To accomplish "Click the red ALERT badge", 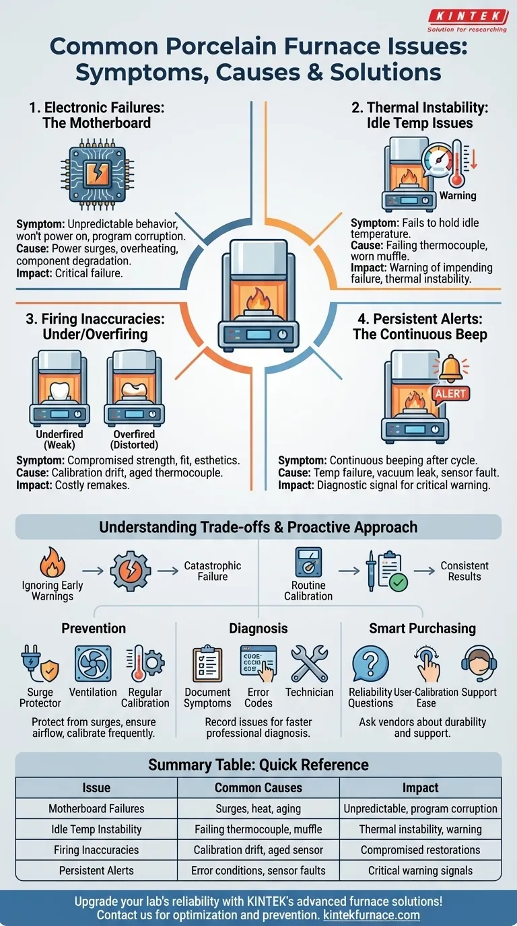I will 450,394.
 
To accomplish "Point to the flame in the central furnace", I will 258,298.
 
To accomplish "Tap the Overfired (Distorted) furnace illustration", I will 134,390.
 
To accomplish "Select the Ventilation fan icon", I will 93,664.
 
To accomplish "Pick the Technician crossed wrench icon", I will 309,664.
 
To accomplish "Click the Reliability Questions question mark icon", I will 370,664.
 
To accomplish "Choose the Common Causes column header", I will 258,787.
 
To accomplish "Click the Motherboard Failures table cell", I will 96,808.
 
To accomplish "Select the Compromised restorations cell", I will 420,850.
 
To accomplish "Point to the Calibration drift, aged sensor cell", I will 258,850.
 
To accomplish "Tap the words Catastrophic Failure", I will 213,571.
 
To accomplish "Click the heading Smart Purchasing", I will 422,629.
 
